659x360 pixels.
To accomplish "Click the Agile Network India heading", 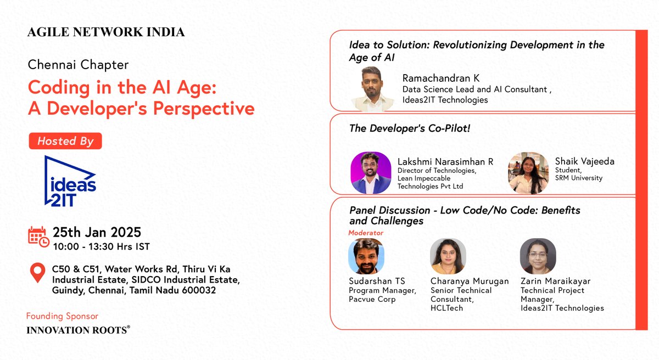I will pos(106,32).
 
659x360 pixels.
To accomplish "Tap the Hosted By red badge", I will pos(65,141).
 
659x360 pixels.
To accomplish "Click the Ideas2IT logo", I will pos(70,182).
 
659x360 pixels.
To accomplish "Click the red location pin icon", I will pos(37,273).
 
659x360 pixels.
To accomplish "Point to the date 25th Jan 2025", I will pos(97,232).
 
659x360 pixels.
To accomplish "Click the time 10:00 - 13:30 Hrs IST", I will pos(101,247).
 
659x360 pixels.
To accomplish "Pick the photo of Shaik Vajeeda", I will pos(528,172).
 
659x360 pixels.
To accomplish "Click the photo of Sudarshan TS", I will pos(366,256).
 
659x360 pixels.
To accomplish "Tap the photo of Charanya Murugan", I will pos(448,256).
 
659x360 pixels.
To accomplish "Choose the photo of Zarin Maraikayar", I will pos(538,256).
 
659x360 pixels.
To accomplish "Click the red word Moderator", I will pos(366,233).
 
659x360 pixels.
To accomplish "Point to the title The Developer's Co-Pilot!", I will pos(410,128).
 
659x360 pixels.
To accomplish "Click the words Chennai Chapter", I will pos(78,65).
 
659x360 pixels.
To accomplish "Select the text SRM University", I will pos(578,178).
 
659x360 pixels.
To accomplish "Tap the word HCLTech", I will pos(447,308).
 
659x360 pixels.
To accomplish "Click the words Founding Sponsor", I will pos(62,316).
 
